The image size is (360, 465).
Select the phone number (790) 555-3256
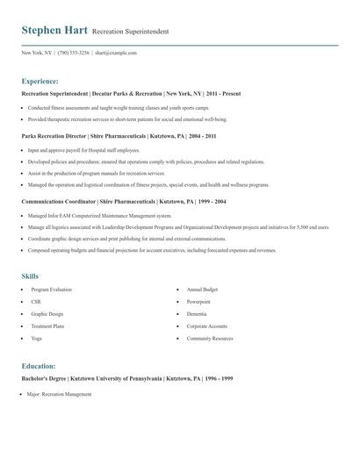coord(74,53)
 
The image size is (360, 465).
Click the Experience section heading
coord(40,80)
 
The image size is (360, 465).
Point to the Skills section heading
coord(30,276)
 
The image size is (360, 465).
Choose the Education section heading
coord(39,366)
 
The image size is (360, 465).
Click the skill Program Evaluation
coord(51,290)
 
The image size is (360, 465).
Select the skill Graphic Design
coord(47,314)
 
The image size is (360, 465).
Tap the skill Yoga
coord(36,339)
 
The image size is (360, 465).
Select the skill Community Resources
coord(210,339)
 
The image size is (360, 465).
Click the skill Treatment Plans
coord(47,326)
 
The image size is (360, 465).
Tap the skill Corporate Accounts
coord(206,326)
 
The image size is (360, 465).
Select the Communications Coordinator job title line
coord(124,201)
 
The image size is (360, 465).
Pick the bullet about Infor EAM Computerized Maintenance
coord(99,215)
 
